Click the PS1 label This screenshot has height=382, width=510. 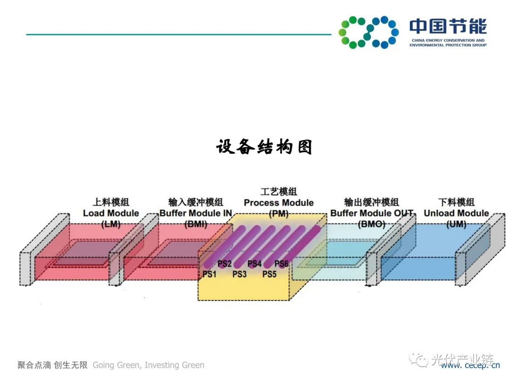click(x=209, y=274)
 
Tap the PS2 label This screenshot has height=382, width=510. click(x=224, y=264)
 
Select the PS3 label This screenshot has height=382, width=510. click(x=239, y=274)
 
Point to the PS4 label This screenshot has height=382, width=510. click(x=255, y=264)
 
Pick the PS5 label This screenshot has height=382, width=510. click(x=270, y=274)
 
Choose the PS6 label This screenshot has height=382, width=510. click(x=282, y=264)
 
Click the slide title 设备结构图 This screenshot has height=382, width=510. click(x=264, y=147)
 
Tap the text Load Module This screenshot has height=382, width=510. click(x=111, y=213)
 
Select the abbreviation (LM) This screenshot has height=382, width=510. click(x=111, y=224)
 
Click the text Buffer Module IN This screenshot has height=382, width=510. click(x=195, y=213)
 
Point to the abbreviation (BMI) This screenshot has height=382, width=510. click(x=195, y=224)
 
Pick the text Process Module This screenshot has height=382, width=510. click(x=279, y=203)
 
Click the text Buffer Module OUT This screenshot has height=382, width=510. click(x=372, y=213)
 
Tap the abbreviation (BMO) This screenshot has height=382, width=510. click(x=371, y=224)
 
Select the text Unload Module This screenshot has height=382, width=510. click(x=456, y=213)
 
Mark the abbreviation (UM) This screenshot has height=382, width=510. click(x=456, y=224)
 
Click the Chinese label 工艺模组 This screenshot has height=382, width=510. click(x=279, y=192)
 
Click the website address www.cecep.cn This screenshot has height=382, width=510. click(x=470, y=364)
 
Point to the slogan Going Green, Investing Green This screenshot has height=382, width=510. click(x=148, y=365)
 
